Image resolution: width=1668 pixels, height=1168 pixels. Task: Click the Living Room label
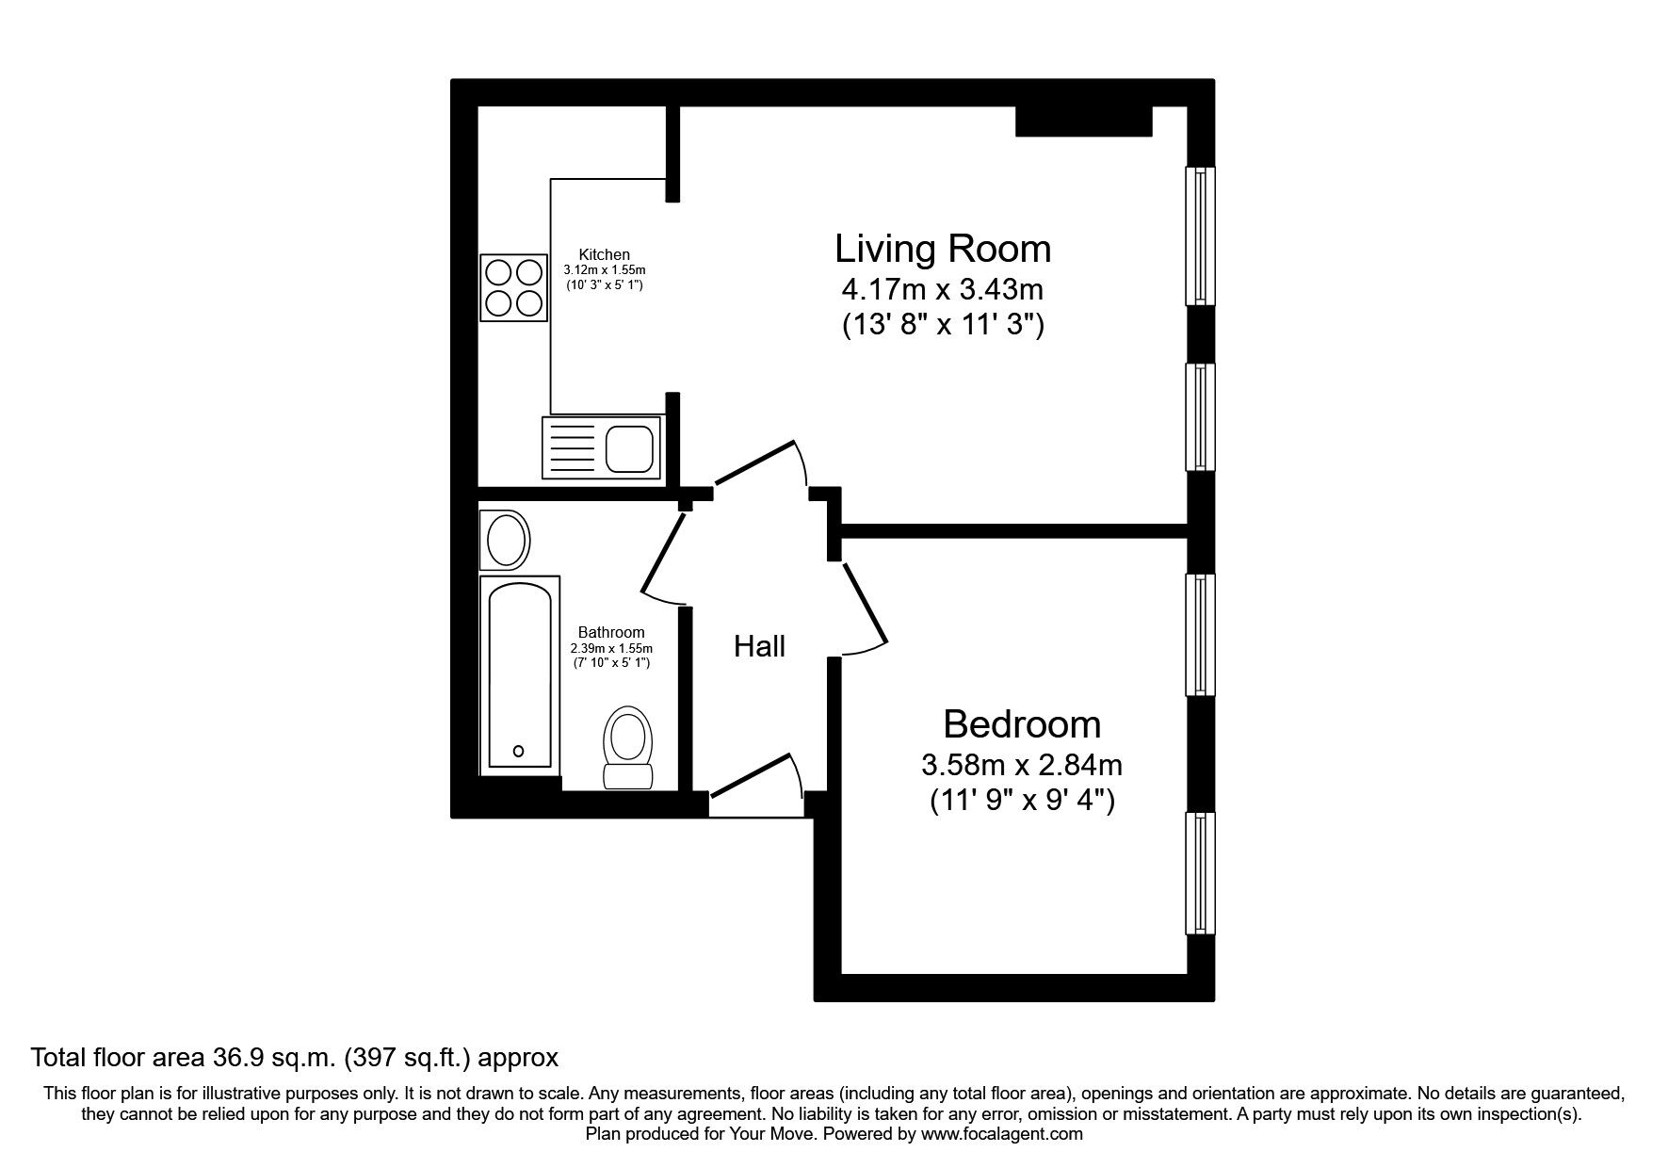(x=942, y=249)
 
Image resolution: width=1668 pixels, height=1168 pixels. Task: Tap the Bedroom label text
(x=1022, y=724)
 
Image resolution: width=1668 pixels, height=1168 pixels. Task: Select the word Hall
(x=759, y=646)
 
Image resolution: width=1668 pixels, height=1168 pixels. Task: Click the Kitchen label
(x=604, y=254)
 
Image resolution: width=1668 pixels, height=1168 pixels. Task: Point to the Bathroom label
(x=611, y=632)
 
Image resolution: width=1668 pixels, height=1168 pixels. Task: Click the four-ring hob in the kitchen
(x=513, y=287)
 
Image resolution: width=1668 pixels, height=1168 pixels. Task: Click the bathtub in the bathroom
(x=519, y=674)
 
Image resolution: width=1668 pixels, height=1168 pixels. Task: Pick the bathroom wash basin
(x=506, y=540)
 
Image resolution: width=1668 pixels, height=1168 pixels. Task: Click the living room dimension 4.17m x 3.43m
(x=942, y=288)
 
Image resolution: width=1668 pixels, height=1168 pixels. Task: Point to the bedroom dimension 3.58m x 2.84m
(x=1022, y=764)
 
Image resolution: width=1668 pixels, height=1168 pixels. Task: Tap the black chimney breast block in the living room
(x=1084, y=122)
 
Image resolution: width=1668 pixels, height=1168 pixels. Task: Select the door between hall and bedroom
(x=865, y=608)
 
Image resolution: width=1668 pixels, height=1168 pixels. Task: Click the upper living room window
(x=1199, y=235)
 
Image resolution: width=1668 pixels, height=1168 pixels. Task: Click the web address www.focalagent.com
(x=1001, y=1134)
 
